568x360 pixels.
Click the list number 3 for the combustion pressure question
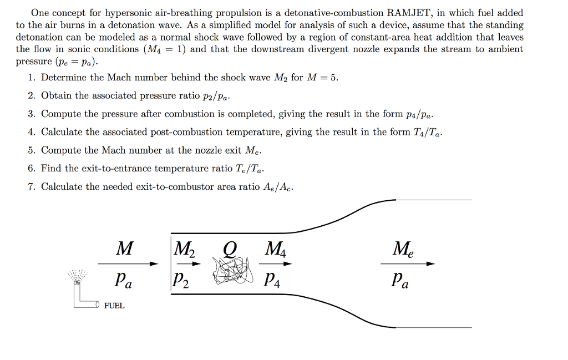pyautogui.click(x=32, y=114)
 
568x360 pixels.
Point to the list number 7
pyautogui.click(x=32, y=187)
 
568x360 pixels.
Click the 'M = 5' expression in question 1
pyautogui.click(x=322, y=78)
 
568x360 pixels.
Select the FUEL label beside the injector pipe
pyautogui.click(x=114, y=306)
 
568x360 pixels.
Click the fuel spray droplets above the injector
pyautogui.click(x=77, y=275)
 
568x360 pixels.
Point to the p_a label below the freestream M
pyautogui.click(x=124, y=281)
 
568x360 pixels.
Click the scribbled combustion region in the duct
pyautogui.click(x=231, y=272)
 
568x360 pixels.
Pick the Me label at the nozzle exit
pyautogui.click(x=403, y=249)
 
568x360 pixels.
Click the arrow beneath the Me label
pyautogui.click(x=407, y=264)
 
